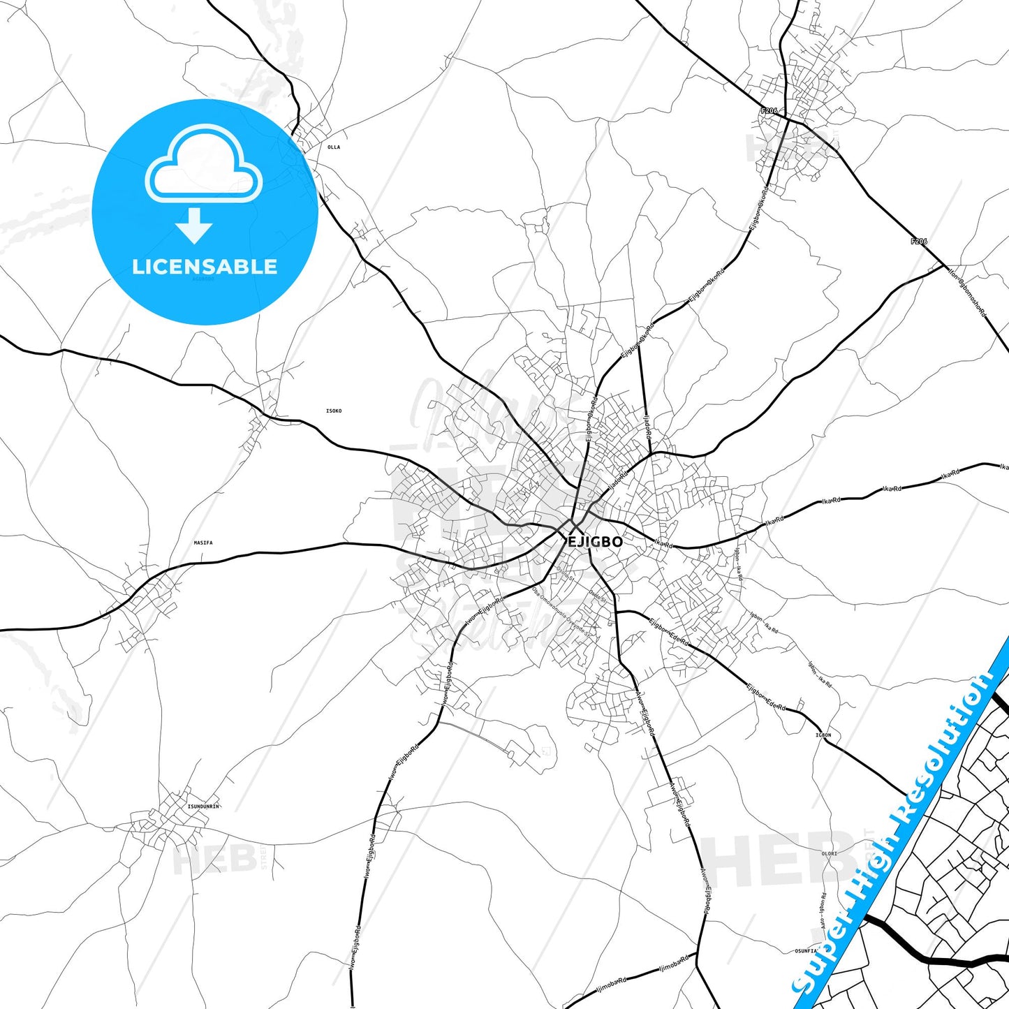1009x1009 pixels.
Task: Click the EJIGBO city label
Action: click(x=594, y=542)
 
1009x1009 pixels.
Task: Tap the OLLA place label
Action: click(x=334, y=147)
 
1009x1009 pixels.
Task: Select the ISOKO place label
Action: click(x=334, y=411)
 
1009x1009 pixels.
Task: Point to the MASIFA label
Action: click(x=203, y=543)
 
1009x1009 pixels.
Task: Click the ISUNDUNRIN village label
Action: click(x=203, y=807)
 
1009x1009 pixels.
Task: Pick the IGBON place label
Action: click(x=823, y=735)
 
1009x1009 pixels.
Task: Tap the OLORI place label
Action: click(x=829, y=853)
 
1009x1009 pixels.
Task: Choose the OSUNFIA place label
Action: click(x=805, y=951)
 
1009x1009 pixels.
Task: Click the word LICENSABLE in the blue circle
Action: click(x=205, y=267)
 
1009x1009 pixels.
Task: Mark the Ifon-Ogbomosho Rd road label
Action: click(x=967, y=292)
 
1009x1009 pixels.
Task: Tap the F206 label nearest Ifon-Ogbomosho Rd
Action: click(x=919, y=242)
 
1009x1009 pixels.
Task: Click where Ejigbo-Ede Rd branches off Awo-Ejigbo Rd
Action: click(x=617, y=612)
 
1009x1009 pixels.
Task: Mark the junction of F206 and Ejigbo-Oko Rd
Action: click(x=787, y=119)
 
